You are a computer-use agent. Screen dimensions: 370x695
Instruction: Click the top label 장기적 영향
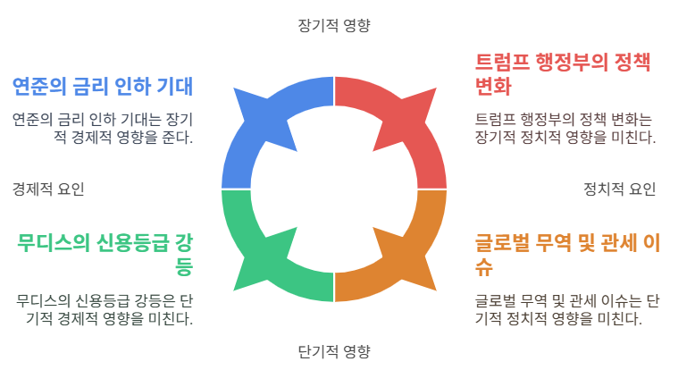(333, 25)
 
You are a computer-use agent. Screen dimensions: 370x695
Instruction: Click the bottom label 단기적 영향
(333, 350)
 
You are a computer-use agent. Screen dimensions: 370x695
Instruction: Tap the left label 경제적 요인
(48, 189)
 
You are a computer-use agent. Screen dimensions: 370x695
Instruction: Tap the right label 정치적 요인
(619, 189)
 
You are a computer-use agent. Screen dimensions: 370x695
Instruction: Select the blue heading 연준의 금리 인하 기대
(103, 87)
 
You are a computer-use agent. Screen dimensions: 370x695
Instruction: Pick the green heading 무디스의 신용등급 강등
(105, 254)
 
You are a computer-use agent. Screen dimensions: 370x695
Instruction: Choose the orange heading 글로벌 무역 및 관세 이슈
(566, 254)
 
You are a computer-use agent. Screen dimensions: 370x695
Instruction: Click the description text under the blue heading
(103, 128)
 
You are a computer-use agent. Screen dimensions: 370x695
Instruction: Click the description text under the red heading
(565, 128)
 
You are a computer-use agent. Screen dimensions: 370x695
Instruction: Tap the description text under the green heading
(105, 308)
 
